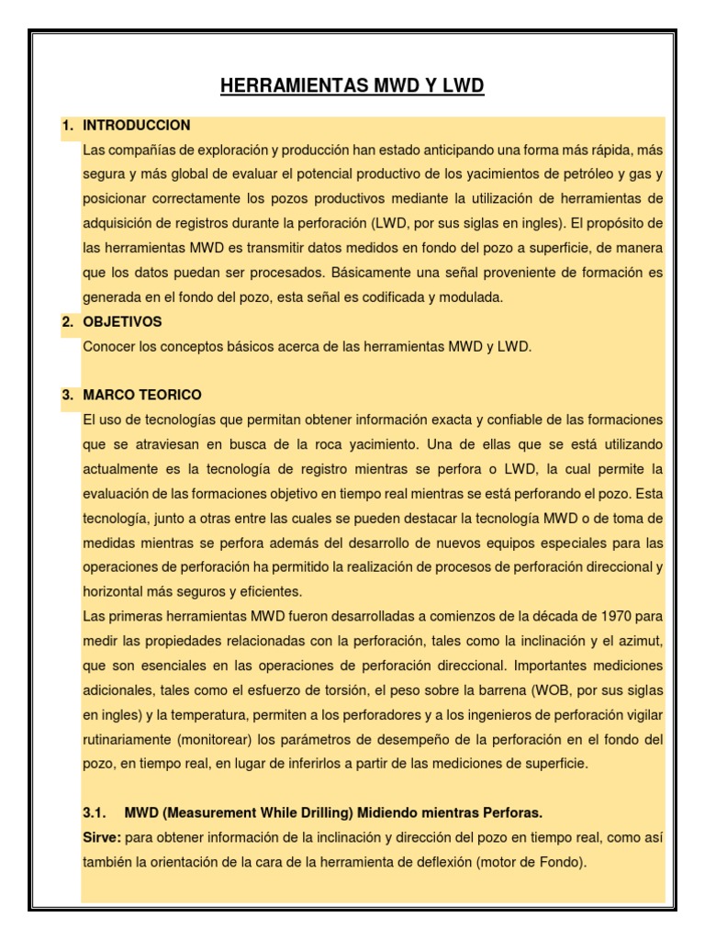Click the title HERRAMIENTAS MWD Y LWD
[352, 87]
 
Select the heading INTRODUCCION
[137, 125]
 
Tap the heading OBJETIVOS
[122, 322]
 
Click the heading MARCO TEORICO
[142, 395]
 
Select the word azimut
[639, 639]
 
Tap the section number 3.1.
[95, 812]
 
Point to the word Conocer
[107, 346]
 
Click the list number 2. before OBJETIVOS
[67, 322]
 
